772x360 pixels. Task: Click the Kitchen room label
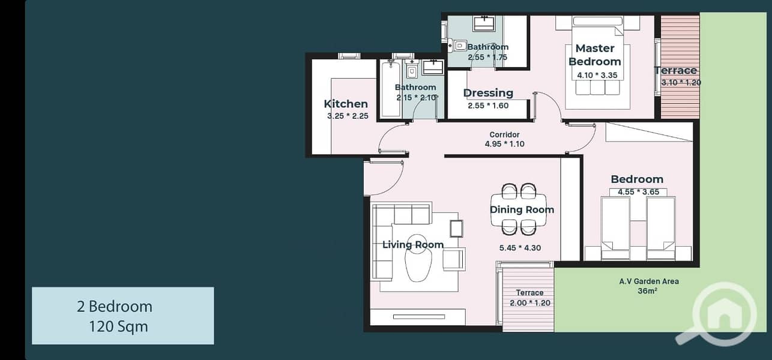point(346,104)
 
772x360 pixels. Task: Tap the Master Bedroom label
point(595,55)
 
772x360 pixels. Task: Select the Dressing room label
point(488,93)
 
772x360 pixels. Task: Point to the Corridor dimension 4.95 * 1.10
point(504,144)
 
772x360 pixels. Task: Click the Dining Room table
point(519,209)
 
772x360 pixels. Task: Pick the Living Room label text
point(413,245)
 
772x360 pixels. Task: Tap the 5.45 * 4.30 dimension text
point(520,248)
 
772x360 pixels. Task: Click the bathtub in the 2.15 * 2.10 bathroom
point(391,89)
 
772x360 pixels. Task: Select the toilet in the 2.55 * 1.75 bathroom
point(457,46)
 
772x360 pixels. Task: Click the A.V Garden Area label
point(649,281)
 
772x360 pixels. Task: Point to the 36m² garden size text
point(647,291)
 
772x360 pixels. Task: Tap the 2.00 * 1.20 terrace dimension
point(530,303)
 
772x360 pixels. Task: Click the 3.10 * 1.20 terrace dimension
point(681,83)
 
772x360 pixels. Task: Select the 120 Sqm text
point(118,326)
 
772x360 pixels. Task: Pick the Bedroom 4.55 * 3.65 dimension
point(638,192)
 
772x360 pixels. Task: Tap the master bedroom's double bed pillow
point(597,21)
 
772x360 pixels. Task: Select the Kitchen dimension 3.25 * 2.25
point(348,116)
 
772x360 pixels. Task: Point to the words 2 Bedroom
point(115,307)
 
